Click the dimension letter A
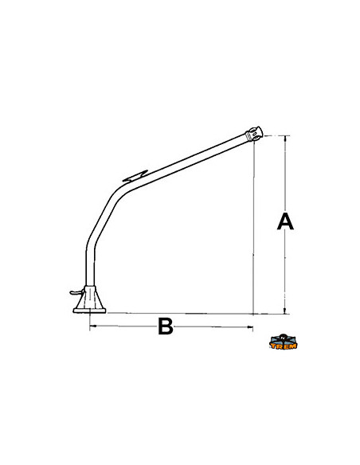285,221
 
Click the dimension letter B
165,326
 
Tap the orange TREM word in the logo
284,346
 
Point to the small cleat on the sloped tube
135,176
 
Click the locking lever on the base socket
76,293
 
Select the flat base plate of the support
89,311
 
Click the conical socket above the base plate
89,297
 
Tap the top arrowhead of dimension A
285,138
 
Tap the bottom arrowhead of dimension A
285,311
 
